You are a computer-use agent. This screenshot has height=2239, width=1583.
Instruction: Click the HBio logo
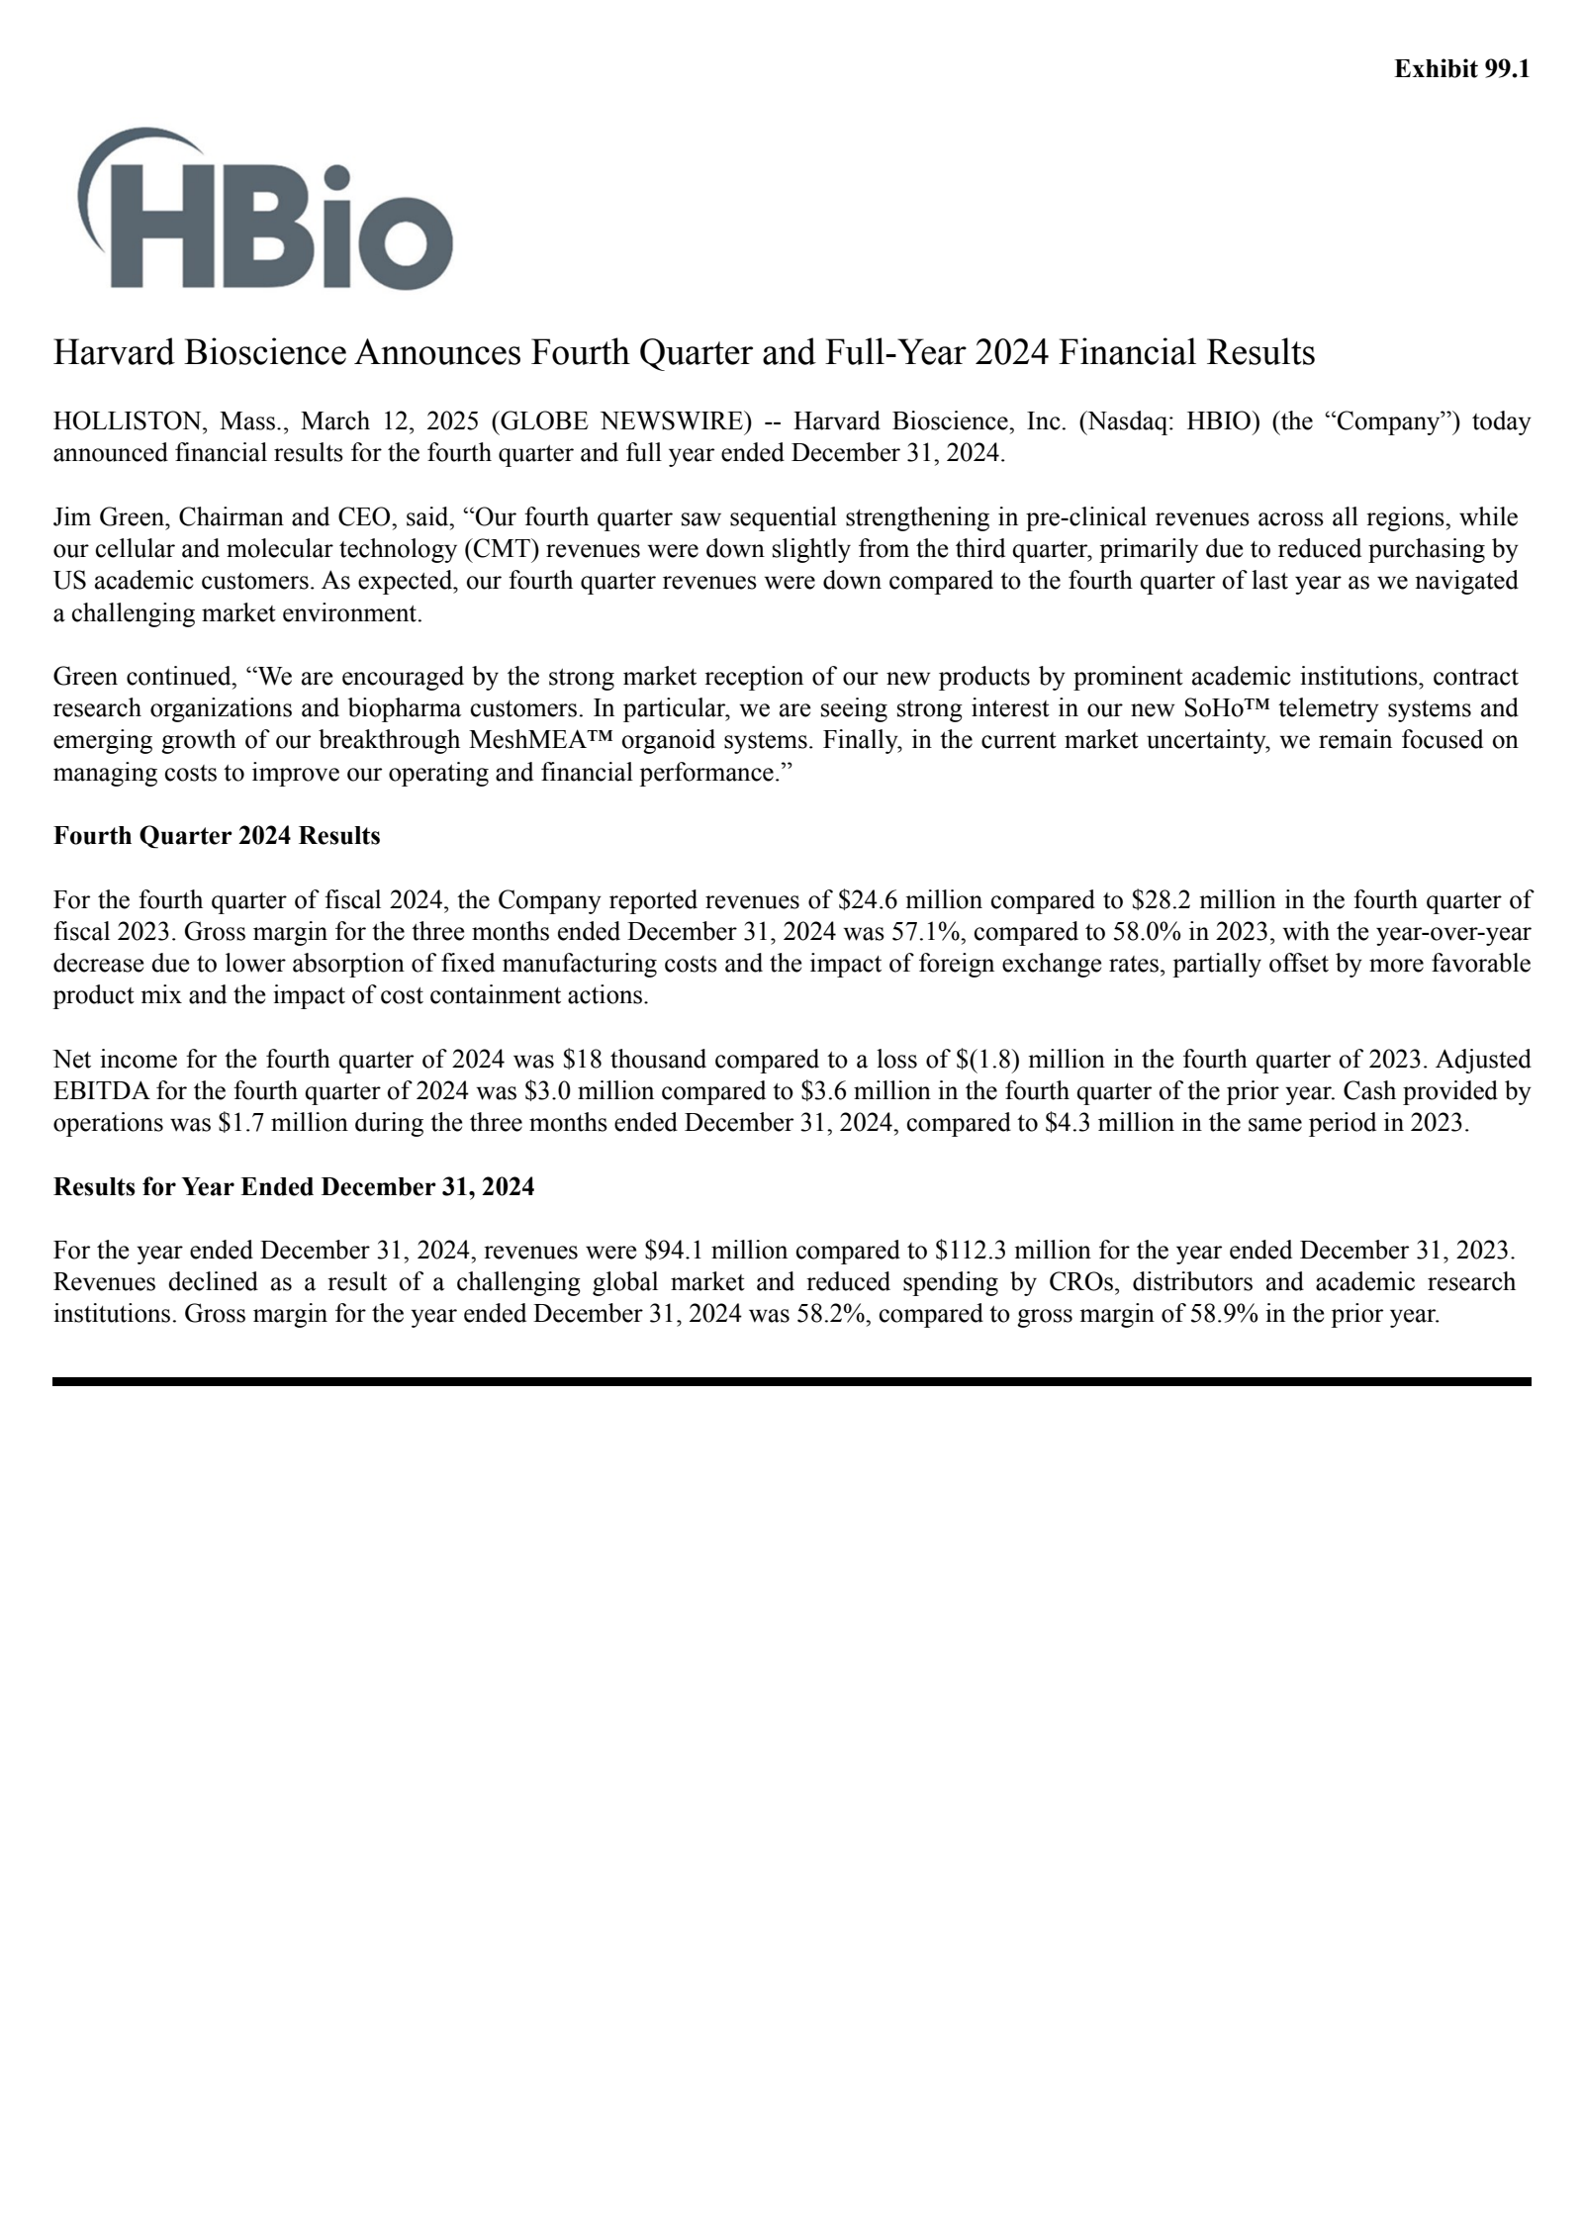coord(264,210)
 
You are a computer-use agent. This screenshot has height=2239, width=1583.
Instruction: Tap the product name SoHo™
coord(1225,708)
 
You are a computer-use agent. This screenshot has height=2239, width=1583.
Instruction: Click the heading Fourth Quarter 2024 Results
coord(217,836)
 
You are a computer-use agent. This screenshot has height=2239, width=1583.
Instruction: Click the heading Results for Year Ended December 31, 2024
coord(294,1186)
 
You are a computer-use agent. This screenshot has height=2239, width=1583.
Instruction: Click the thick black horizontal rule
coord(791,1381)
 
